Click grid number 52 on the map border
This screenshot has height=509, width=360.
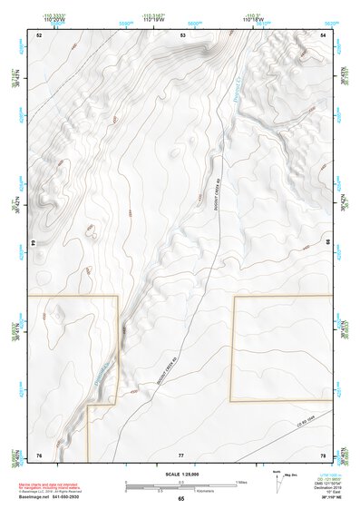pos(39,34)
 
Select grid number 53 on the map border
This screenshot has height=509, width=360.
pos(182,34)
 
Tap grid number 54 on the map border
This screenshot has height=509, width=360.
pos(324,34)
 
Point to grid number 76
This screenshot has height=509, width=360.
pos(39,454)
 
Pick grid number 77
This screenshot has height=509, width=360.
pos(181,454)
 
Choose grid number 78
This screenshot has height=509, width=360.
pos(324,454)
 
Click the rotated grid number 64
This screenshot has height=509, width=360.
pos(36,243)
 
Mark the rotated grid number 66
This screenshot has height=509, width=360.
pos(326,243)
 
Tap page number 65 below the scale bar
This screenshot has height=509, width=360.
pos(181,498)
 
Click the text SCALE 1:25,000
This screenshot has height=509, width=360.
pos(181,474)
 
